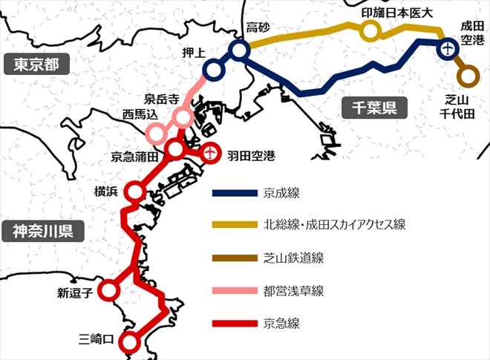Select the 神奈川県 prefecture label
[x=42, y=231]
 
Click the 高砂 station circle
[x=239, y=50]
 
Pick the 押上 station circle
[x=213, y=71]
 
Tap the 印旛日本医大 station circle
[x=370, y=30]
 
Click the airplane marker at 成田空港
[x=447, y=50]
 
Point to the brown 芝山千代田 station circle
[x=467, y=75]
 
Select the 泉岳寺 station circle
[x=183, y=117]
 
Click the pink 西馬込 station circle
[x=156, y=134]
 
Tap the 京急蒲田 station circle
[x=175, y=150]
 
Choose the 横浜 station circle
[x=134, y=192]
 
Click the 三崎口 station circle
[x=130, y=342]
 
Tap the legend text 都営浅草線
[x=293, y=290]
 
